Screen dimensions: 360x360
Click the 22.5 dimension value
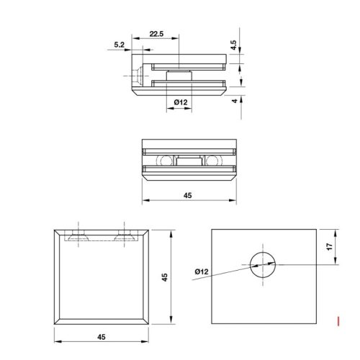[x=156, y=32]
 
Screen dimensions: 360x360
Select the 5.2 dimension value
[x=119, y=45]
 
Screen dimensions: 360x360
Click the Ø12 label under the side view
[x=181, y=103]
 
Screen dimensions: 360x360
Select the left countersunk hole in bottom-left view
[x=77, y=235]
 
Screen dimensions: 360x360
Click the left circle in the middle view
[x=164, y=160]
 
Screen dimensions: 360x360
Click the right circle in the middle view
[x=211, y=160]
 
